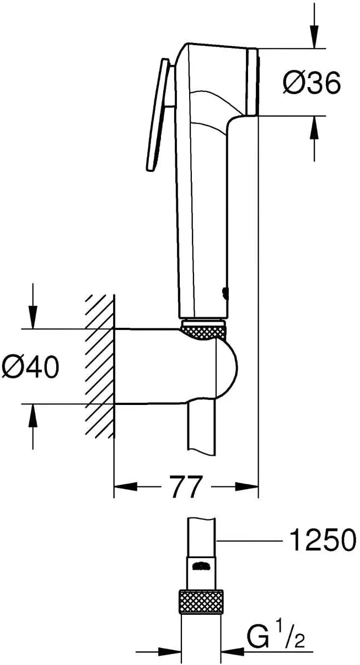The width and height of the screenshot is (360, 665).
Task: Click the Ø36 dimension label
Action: pyautogui.click(x=312, y=83)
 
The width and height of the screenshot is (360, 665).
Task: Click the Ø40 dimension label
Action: pyautogui.click(x=30, y=366)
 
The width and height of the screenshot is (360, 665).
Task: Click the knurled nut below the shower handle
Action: pyautogui.click(x=203, y=332)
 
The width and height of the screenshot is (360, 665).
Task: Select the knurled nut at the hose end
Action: pyautogui.click(x=202, y=601)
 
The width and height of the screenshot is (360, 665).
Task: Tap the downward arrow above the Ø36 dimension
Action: pyautogui.click(x=314, y=33)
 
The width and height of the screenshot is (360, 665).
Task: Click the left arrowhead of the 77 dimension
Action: pyautogui.click(x=124, y=486)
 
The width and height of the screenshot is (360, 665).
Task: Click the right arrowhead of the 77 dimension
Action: pyautogui.click(x=248, y=486)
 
